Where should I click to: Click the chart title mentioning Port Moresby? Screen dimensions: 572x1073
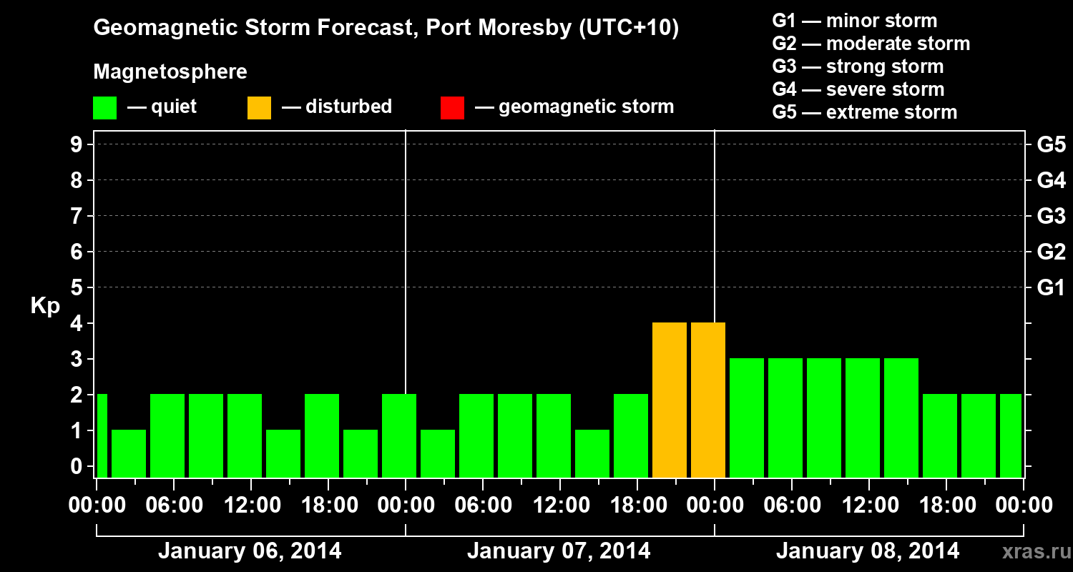386,29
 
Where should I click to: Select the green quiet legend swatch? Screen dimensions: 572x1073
104,108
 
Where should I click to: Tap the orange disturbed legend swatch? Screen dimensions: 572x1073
259,108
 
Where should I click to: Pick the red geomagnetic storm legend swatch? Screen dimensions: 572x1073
452,108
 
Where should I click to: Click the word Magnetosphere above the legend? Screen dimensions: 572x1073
170,72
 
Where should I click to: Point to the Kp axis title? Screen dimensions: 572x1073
45,306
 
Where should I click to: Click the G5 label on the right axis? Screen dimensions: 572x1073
1051,144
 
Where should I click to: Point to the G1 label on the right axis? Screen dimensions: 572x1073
1051,287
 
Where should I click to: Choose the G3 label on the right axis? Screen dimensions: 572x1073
1051,216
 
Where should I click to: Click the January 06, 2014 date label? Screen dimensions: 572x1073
250,551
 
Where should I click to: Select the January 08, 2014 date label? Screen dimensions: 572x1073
868,551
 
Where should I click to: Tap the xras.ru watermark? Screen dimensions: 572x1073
1031,552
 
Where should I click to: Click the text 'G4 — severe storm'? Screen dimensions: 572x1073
858,89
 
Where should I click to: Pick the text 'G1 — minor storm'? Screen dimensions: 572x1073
855,21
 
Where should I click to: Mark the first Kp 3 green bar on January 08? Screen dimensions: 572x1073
747,418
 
